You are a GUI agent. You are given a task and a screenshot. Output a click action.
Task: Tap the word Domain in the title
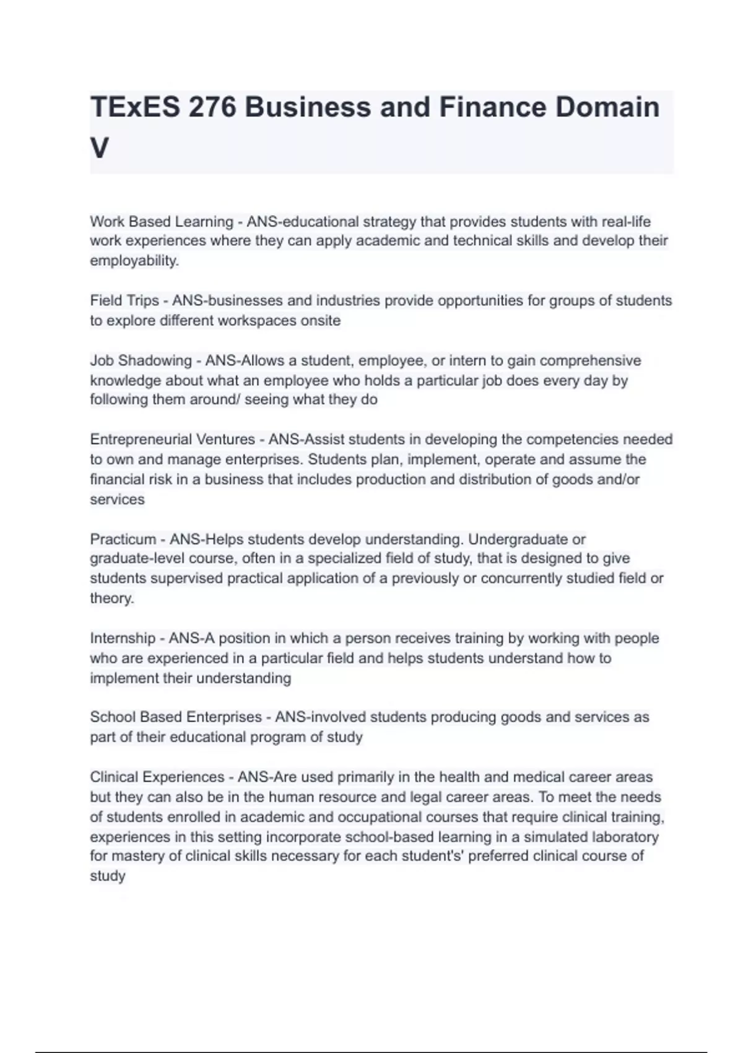point(607,107)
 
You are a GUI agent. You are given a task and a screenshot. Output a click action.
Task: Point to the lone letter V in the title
point(100,148)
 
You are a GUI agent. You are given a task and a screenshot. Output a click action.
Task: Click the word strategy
point(389,221)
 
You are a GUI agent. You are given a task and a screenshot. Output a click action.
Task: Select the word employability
point(134,261)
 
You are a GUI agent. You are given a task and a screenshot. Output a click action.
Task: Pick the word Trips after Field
point(142,300)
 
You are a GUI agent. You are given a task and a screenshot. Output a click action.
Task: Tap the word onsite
point(321,320)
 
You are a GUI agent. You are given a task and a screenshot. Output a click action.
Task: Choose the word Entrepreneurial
point(141,439)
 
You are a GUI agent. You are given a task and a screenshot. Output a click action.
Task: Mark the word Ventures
point(225,439)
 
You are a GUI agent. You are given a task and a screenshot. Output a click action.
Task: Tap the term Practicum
point(123,539)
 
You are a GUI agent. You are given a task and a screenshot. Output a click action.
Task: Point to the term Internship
point(123,638)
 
